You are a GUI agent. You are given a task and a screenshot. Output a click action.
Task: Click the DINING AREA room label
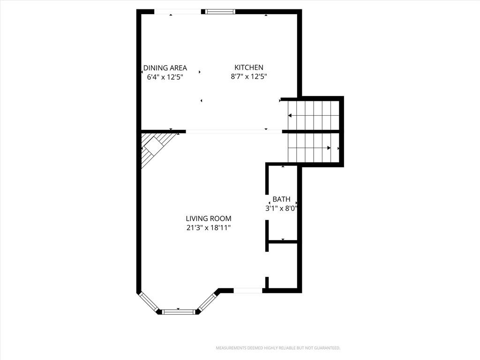tap(165, 68)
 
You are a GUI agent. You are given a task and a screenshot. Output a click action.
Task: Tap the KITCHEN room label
tap(249, 67)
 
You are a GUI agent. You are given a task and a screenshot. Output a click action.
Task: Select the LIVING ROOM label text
tap(209, 218)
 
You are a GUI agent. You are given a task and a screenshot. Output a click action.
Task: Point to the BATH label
tap(281, 199)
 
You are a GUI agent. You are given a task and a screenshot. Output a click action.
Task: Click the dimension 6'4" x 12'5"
tap(165, 77)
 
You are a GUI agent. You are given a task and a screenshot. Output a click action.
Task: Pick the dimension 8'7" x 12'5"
tap(249, 76)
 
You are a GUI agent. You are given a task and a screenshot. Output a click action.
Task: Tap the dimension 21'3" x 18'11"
tap(209, 228)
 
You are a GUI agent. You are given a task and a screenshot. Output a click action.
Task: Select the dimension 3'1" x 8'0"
tap(281, 209)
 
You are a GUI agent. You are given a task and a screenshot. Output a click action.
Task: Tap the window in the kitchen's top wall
tap(220, 12)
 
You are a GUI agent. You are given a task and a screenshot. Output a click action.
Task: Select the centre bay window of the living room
tap(178, 312)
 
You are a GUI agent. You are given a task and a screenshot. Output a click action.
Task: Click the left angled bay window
tap(149, 301)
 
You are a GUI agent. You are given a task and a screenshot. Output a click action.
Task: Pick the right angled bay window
tap(208, 302)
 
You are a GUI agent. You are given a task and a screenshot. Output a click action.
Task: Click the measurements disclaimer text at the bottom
tap(278, 348)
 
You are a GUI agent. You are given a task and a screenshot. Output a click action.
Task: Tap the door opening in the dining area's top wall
tap(178, 12)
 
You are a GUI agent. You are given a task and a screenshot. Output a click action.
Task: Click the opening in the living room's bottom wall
tap(248, 291)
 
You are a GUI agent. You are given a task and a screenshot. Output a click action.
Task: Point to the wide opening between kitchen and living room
tap(234, 132)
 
